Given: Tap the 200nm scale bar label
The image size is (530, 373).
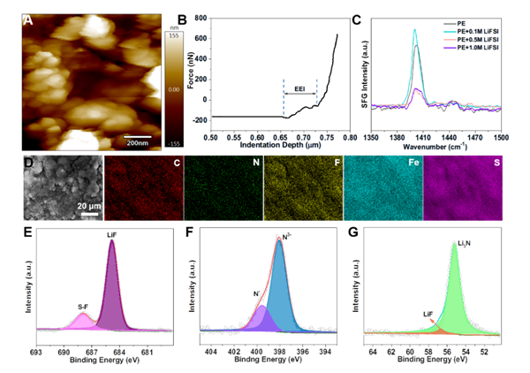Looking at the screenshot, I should tap(136, 141).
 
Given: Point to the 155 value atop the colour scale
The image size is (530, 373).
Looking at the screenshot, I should tap(174, 34).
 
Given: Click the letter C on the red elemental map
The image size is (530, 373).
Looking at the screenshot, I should tap(178, 164).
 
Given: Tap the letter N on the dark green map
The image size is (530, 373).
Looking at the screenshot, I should tap(256, 164).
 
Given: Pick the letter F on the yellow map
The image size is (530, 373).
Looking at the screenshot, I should tap(337, 164).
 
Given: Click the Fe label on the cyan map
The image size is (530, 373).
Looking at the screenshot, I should tap(413, 164).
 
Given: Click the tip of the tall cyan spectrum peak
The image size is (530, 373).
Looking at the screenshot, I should tap(415, 29).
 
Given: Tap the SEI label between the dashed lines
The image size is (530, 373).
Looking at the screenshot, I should tap(299, 90).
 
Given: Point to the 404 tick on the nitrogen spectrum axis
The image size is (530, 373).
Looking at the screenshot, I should tap(210, 351).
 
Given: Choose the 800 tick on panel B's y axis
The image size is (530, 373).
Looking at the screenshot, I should tap(201, 18).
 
